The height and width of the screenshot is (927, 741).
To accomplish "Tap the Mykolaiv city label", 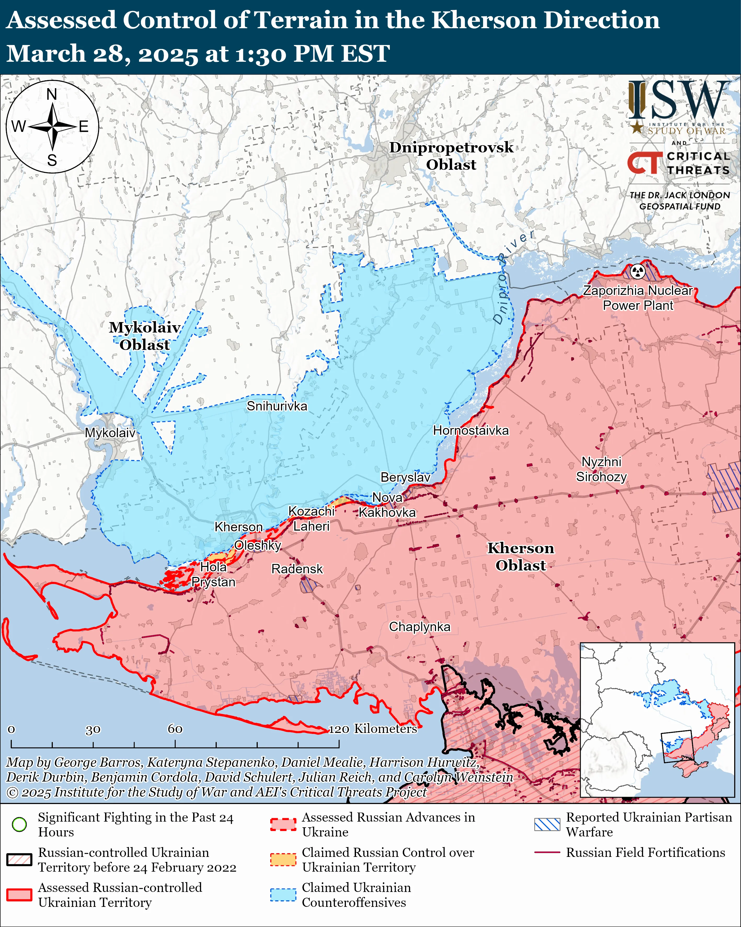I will coord(110,432).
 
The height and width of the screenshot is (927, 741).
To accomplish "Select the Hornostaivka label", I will coord(470,430).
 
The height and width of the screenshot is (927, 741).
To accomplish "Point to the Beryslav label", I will coord(405,477).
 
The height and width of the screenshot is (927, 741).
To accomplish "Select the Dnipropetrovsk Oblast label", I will coord(451,156).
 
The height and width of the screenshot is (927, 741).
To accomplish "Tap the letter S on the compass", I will coord(52,160).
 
